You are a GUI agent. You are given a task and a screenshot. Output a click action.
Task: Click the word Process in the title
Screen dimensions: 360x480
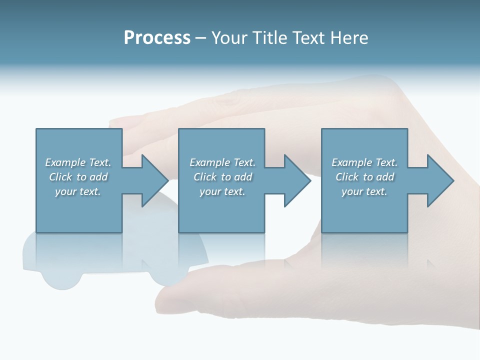click(157, 38)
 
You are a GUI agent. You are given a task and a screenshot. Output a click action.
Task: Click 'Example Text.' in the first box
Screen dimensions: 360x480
click(78, 162)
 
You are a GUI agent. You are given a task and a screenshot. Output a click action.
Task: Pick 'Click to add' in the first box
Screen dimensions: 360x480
click(78, 177)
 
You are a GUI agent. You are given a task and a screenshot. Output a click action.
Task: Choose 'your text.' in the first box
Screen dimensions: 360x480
click(78, 191)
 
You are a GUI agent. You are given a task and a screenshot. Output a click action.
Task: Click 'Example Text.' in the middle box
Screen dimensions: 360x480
click(222, 162)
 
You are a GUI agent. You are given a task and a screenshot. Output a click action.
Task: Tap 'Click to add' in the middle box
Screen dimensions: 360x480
click(222, 177)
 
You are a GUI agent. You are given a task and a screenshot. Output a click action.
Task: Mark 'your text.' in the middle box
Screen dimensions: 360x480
click(222, 191)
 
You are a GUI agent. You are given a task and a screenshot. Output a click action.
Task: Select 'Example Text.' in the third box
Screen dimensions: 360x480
click(364, 162)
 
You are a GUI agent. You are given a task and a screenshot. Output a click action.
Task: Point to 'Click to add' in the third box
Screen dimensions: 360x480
click(364, 177)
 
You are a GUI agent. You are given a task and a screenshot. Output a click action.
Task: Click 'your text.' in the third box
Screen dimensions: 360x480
click(364, 191)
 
